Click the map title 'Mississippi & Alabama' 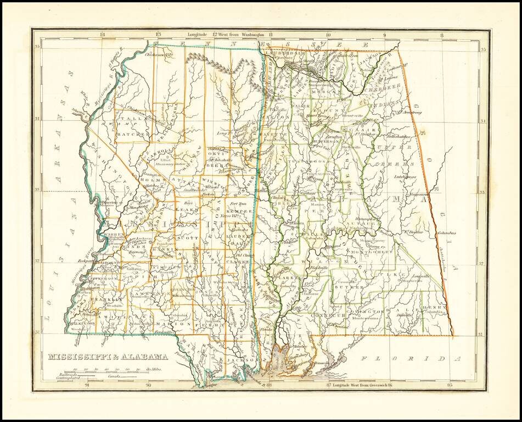108,356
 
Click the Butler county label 349,287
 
